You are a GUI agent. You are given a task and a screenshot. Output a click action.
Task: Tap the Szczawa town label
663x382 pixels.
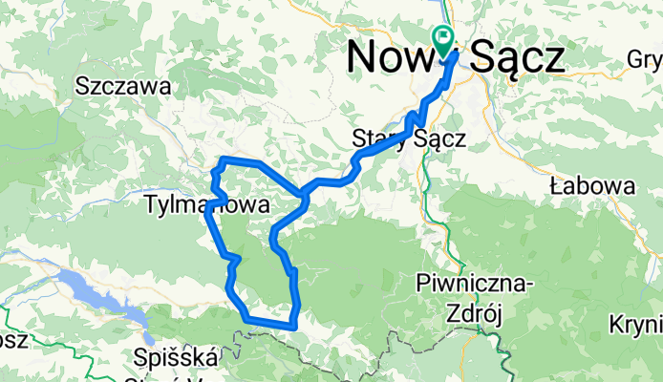coord(124,87)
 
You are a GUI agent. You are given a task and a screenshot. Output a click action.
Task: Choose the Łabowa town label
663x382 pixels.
coord(592,187)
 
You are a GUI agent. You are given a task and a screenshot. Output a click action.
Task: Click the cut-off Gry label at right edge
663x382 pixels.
coord(646,59)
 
